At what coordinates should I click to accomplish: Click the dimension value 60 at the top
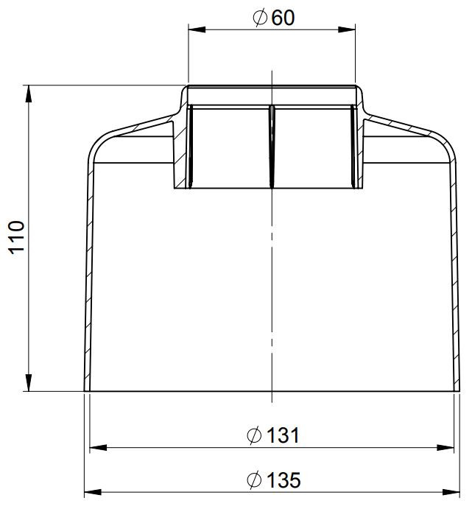click(283, 18)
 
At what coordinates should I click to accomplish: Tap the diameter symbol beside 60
click(260, 18)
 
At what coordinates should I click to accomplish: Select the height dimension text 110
click(16, 238)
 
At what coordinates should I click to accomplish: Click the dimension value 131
click(283, 435)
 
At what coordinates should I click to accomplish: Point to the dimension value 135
click(283, 480)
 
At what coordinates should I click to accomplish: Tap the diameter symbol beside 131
click(254, 435)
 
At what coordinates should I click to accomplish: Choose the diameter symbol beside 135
click(254, 480)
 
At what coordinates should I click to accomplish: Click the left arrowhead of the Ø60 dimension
click(197, 29)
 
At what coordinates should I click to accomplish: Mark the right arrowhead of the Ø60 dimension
click(347, 29)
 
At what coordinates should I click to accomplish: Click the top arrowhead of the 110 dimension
click(29, 94)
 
